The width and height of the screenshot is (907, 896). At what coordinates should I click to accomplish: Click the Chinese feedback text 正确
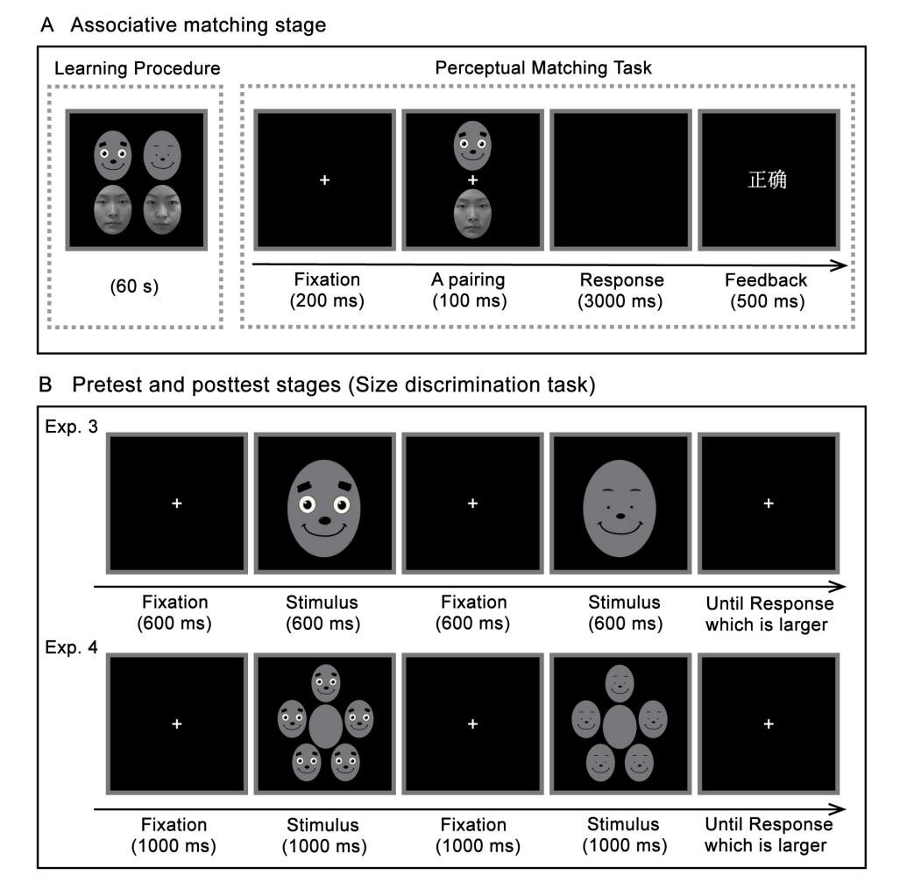tap(767, 180)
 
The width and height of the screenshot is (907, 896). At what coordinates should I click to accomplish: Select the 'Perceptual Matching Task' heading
tap(548, 68)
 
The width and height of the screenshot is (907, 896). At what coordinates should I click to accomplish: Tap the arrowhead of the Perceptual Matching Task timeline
tap(842, 266)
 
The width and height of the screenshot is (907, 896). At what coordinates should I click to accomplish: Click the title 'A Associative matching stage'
tap(183, 25)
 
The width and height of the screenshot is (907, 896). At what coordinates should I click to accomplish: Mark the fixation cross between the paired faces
tap(473, 180)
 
